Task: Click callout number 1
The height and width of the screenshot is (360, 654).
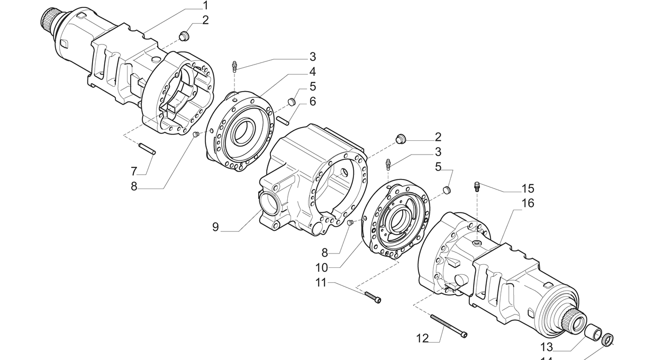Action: [x=205, y=6]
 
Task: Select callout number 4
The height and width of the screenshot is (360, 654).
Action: [x=313, y=72]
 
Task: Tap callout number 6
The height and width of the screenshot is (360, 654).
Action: [x=313, y=101]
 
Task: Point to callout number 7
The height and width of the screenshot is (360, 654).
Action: [x=134, y=171]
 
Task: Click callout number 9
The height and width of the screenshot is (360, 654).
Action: [x=215, y=227]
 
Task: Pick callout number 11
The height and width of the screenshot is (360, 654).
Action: [x=321, y=283]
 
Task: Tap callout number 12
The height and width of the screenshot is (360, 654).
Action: [x=422, y=338]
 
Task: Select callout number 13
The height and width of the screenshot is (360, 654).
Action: [x=547, y=347]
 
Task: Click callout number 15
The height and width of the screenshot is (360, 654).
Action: [x=528, y=188]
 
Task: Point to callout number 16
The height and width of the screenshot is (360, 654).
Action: [x=528, y=203]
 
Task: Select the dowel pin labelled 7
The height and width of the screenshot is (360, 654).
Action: [x=147, y=149]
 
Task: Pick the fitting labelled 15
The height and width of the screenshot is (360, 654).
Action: [x=477, y=186]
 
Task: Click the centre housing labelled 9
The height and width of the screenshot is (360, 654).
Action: [x=312, y=180]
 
